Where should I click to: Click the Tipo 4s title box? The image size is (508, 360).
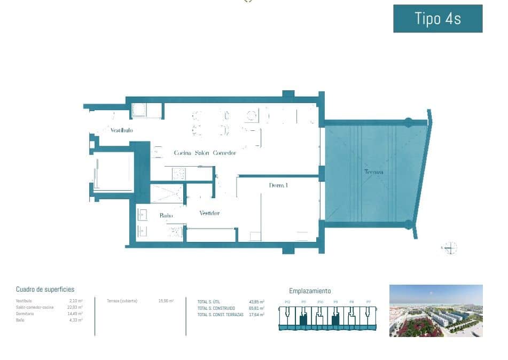[437, 19]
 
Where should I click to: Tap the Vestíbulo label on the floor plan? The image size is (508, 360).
[122, 130]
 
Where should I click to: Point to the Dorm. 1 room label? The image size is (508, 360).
[278, 185]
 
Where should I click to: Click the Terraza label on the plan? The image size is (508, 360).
[373, 172]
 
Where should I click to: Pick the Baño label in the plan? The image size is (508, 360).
[166, 215]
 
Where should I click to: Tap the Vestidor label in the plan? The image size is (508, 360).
[209, 213]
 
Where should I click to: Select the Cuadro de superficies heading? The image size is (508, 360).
[45, 289]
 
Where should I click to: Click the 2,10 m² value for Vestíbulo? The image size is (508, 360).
[76, 301]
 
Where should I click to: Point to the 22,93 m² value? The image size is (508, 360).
[75, 307]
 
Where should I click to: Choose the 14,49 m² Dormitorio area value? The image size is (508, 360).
[75, 314]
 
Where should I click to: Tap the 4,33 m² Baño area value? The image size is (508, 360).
[76, 320]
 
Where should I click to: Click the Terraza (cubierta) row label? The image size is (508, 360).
[122, 301]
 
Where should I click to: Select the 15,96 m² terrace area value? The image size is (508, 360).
[166, 301]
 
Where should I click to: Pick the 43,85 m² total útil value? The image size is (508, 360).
[257, 302]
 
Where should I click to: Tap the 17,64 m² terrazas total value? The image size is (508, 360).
[257, 315]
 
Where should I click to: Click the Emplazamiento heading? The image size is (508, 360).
[310, 291]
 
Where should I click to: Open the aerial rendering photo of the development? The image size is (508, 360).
[436, 310]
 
